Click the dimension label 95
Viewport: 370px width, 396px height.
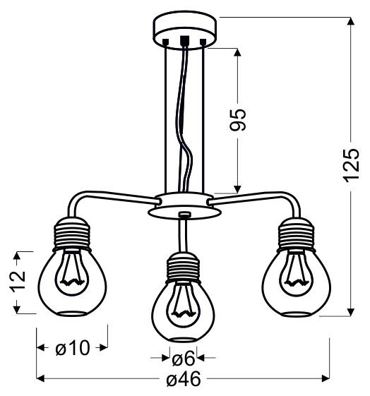tap(239, 121)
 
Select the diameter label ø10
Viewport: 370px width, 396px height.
tap(71, 347)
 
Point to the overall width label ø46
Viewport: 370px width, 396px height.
tap(184, 380)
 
